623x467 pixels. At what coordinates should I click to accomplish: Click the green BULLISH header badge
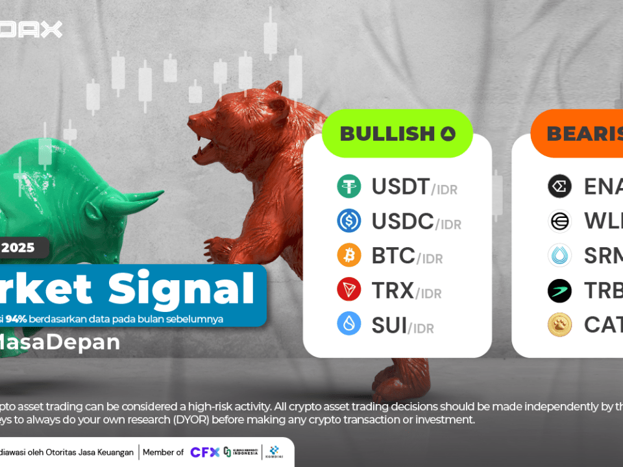[397, 134]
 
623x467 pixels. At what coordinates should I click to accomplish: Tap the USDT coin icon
[349, 187]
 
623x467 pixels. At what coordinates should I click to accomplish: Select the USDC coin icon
[349, 221]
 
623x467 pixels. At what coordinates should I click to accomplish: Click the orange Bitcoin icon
[349, 255]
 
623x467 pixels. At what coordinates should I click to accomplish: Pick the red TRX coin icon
[349, 289]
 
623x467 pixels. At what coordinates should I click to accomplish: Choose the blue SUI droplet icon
[349, 324]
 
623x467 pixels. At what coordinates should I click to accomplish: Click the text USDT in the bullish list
[399, 187]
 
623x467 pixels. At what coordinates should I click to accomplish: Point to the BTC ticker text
[393, 256]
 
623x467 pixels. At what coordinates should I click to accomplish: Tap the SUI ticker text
[389, 324]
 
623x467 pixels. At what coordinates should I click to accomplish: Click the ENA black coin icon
[559, 187]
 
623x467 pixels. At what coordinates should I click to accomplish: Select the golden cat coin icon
[559, 324]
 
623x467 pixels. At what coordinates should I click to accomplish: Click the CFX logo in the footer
[204, 452]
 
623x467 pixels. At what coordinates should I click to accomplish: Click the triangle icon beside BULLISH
[448, 134]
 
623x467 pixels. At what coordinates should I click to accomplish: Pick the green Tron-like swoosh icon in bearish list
[559, 290]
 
